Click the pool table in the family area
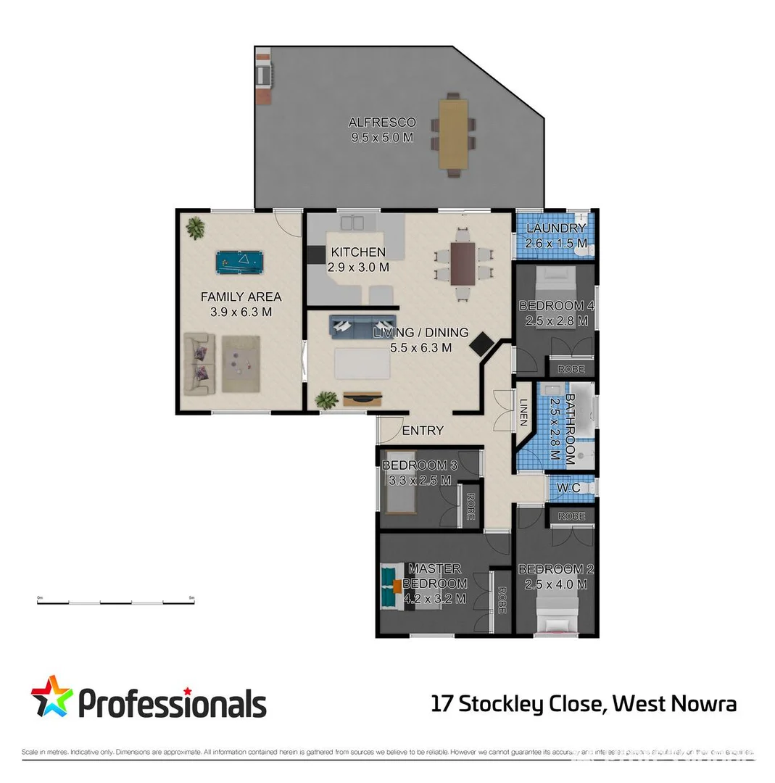(x=240, y=262)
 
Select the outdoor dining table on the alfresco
(x=453, y=134)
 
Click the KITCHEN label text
(x=358, y=252)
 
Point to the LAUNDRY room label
(x=556, y=229)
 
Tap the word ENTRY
(x=422, y=431)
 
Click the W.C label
(x=568, y=488)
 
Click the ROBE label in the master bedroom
(x=501, y=600)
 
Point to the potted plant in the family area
(x=195, y=228)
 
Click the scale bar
(x=115, y=601)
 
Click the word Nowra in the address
(x=703, y=703)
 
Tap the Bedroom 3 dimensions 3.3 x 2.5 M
(x=416, y=480)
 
